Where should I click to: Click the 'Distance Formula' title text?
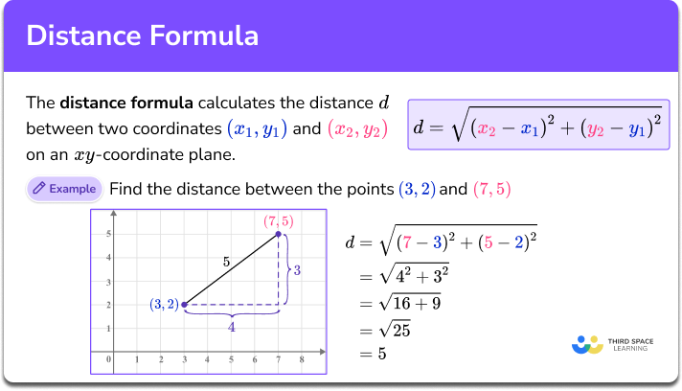pos(143,36)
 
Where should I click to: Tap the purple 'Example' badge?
pos(64,189)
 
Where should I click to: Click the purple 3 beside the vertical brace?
pos(298,271)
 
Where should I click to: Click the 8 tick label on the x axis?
pos(302,360)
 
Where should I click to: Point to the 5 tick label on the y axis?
pos(109,234)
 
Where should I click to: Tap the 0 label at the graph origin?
pos(109,360)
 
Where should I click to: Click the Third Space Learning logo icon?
pos(586,344)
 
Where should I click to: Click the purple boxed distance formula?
pos(538,126)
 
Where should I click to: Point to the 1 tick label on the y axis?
pos(109,328)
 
